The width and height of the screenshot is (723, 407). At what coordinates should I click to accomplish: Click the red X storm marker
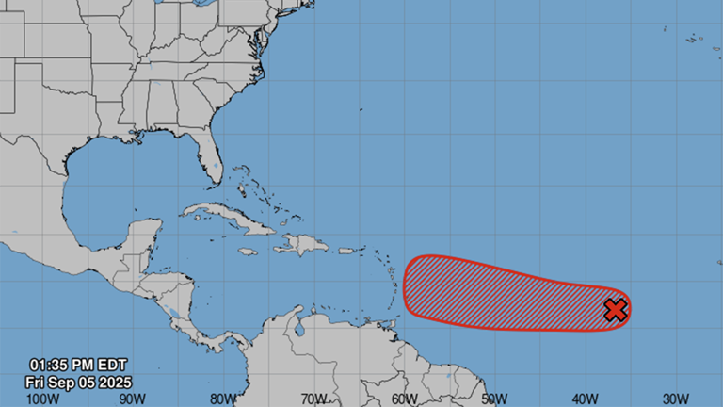[x=615, y=310]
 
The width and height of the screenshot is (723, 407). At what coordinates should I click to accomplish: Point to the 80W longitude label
[x=223, y=399]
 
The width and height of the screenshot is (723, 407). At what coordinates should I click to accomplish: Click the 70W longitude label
[x=313, y=399]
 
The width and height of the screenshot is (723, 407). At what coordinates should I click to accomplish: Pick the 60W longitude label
[x=404, y=399]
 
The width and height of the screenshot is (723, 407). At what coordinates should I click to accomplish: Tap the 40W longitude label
[x=585, y=399]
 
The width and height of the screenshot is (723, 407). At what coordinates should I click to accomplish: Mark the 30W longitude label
[x=675, y=399]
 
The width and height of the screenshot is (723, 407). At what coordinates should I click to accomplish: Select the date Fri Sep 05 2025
[x=80, y=383]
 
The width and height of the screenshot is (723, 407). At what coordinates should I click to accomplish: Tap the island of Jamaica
[x=248, y=252]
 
